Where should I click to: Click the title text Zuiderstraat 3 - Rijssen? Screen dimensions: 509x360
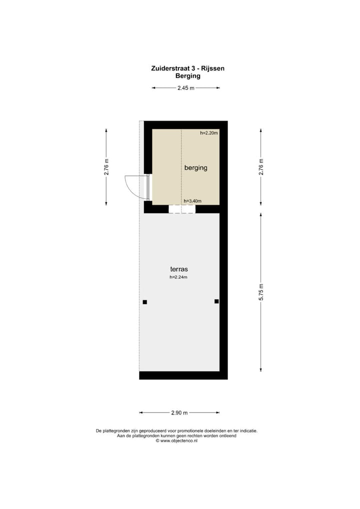coord(187,68)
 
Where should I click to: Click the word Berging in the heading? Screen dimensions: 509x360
coord(187,76)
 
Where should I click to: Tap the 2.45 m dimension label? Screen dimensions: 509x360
coord(185,88)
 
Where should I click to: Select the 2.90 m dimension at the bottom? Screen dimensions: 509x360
coord(179,413)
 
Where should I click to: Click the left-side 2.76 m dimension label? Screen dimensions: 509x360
coord(106,167)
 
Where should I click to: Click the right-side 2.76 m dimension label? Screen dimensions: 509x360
coord(260,167)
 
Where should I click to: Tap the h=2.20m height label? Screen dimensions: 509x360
coord(209,133)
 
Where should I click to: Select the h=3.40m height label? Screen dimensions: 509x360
coord(192,201)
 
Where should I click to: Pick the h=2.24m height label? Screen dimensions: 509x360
coord(178,277)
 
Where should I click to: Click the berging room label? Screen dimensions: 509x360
coord(195,168)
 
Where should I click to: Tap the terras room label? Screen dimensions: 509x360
coord(178,269)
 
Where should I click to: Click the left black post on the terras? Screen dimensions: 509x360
coord(145,301)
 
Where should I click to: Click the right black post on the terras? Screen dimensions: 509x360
coord(216,301)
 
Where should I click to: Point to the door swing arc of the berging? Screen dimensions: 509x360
coord(128,186)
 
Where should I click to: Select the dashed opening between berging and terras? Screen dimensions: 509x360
coord(181,209)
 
